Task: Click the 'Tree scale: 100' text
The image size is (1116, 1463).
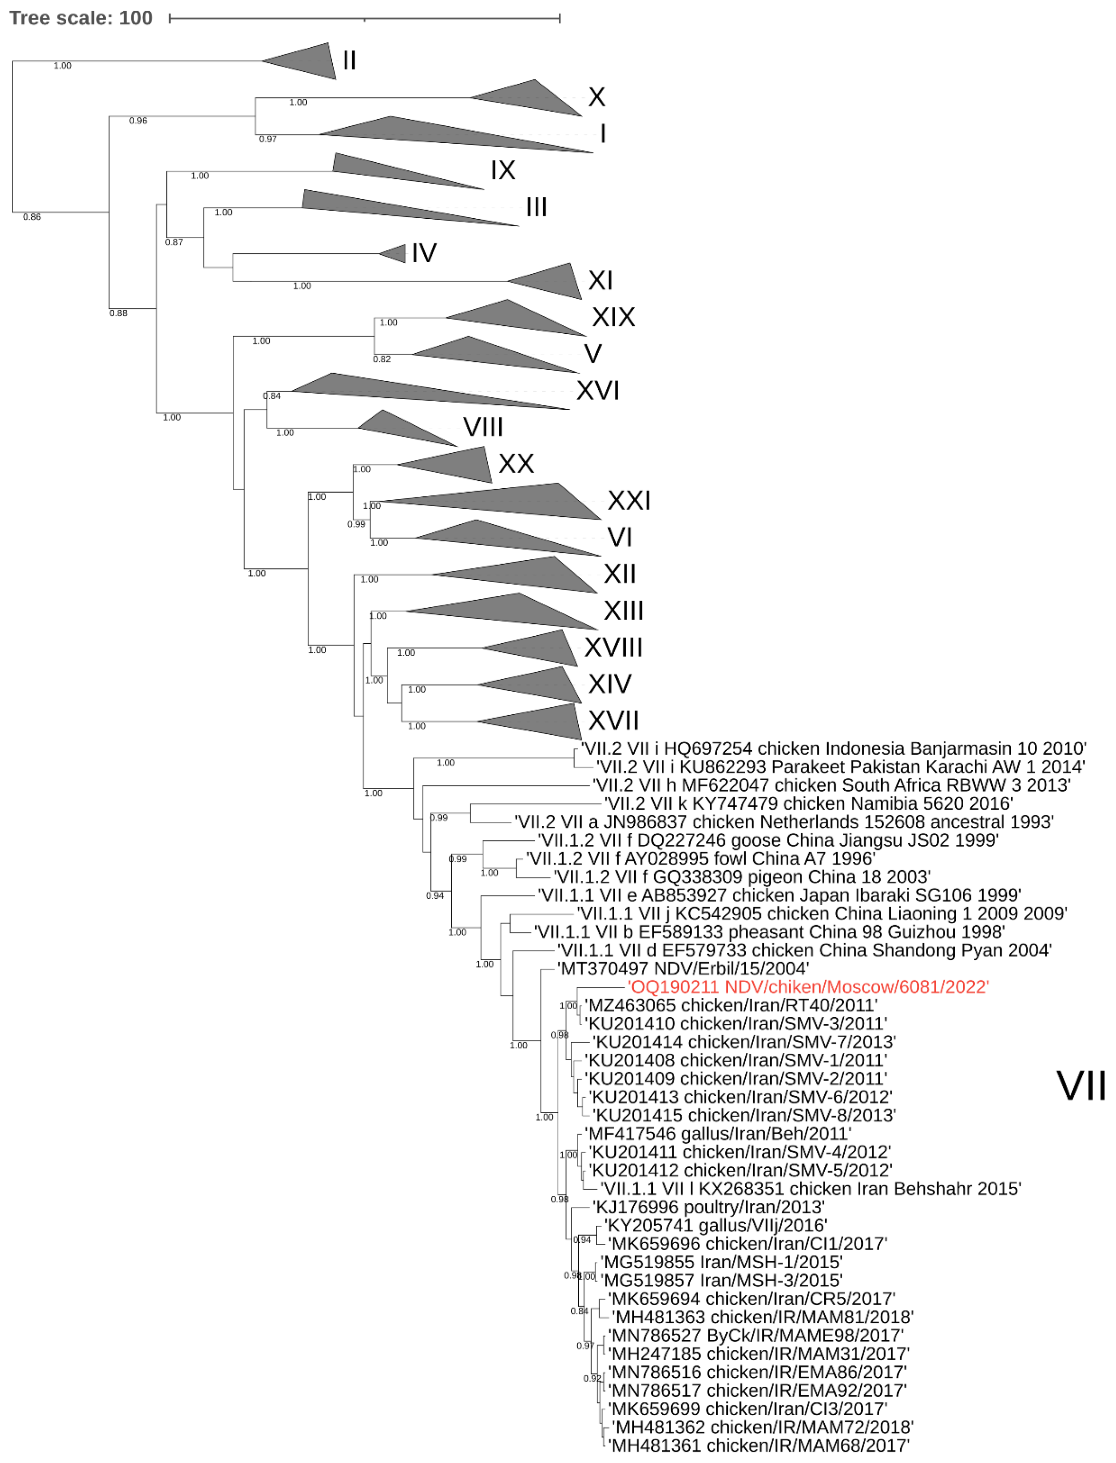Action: (x=80, y=18)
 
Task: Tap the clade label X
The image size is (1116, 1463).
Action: (x=596, y=97)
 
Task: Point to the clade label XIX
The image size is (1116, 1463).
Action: (x=613, y=317)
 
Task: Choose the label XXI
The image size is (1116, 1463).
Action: (x=628, y=500)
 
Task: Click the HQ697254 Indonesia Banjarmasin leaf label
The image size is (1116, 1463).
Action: (x=833, y=749)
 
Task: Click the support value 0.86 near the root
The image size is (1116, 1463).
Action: (x=32, y=217)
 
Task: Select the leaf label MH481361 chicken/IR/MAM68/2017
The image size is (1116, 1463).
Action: (x=759, y=1446)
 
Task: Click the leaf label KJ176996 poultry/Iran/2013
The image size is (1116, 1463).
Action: (x=708, y=1207)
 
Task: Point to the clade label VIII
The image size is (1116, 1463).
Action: (x=483, y=427)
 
